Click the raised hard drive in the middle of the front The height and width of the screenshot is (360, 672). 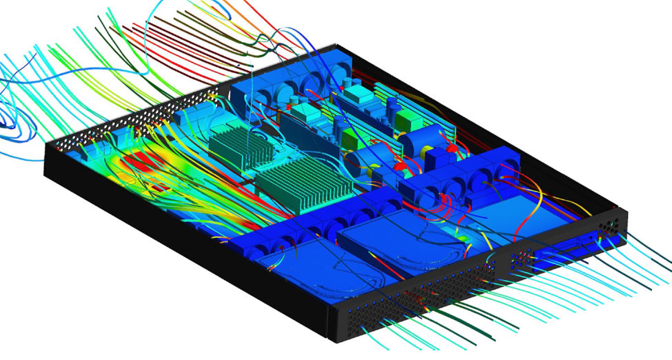(400, 238)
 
